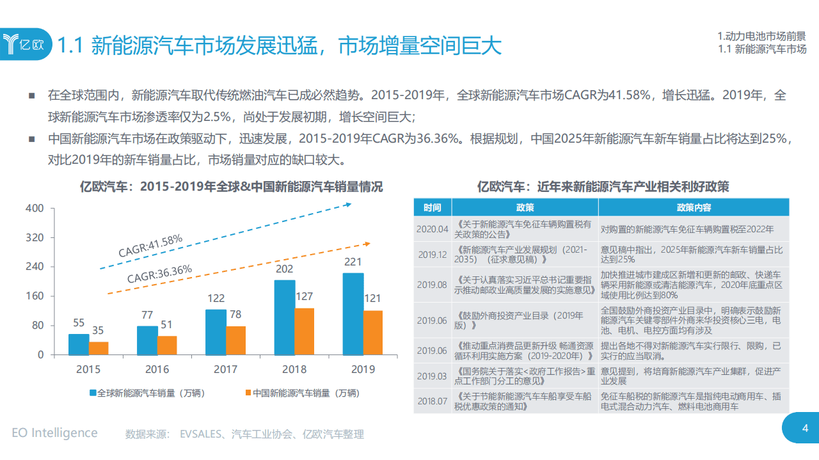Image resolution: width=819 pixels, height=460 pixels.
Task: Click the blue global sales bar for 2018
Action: pyautogui.click(x=285, y=317)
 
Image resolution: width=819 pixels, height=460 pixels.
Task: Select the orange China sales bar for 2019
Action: pyautogui.click(x=372, y=332)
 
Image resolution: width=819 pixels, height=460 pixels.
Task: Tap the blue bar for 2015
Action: pyautogui.click(x=79, y=344)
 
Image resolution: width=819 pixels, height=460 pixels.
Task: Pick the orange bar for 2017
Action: pyautogui.click(x=236, y=340)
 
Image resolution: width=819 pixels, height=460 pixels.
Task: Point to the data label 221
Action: pyautogui.click(x=353, y=262)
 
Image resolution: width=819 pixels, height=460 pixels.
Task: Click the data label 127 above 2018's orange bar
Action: pyautogui.click(x=305, y=297)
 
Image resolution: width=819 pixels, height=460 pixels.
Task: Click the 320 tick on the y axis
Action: pyautogui.click(x=35, y=237)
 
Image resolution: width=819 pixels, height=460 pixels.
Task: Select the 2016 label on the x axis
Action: pyautogui.click(x=157, y=369)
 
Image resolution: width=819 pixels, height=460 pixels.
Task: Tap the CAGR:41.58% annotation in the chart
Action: pyautogui.click(x=150, y=246)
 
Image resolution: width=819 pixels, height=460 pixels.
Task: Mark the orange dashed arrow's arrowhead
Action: pyautogui.click(x=367, y=243)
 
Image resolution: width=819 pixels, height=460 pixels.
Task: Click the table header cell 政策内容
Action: pyautogui.click(x=694, y=207)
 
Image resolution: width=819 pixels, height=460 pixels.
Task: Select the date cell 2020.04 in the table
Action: pyautogui.click(x=432, y=228)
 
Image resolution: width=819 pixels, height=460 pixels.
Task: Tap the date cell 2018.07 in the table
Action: pyautogui.click(x=432, y=401)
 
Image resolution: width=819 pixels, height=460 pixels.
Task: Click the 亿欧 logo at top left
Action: pyautogui.click(x=26, y=45)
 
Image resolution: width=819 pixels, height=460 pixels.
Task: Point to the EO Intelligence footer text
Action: pyautogui.click(x=54, y=433)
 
